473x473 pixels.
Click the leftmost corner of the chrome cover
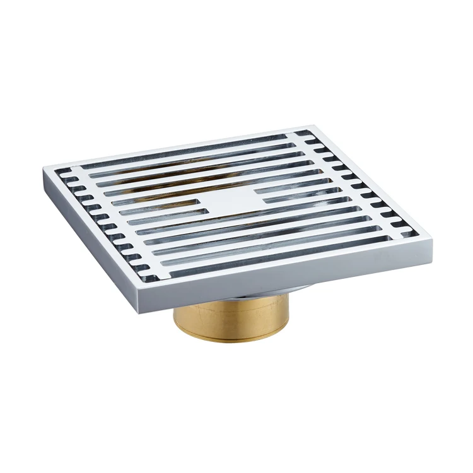pos(45,168)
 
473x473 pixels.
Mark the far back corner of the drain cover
pos(312,126)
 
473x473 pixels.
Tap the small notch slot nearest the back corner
pos(304,134)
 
